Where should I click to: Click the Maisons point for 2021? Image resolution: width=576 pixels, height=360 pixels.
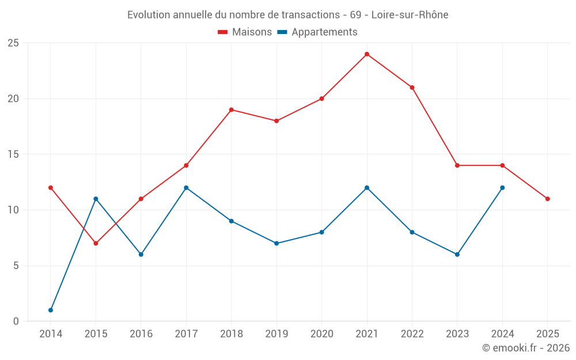(x=367, y=54)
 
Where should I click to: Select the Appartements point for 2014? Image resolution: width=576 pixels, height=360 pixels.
(x=51, y=310)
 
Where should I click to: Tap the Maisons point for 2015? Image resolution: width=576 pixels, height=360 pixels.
(x=96, y=243)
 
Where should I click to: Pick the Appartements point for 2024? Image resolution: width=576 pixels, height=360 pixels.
(x=502, y=188)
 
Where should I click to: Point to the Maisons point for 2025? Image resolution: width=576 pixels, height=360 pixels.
(x=548, y=199)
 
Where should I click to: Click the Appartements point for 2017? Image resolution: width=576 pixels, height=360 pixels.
(x=186, y=188)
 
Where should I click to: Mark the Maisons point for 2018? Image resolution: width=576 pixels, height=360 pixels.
(x=231, y=109)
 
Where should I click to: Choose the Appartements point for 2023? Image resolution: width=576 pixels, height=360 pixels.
(x=457, y=254)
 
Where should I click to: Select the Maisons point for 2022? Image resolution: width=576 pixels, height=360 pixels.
(x=412, y=88)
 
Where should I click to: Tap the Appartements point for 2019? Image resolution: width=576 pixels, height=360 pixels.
(x=276, y=243)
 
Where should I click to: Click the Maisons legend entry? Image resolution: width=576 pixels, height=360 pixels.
(x=245, y=32)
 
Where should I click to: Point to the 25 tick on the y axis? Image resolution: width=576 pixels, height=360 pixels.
(x=13, y=43)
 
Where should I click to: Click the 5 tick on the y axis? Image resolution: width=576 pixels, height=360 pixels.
(x=16, y=266)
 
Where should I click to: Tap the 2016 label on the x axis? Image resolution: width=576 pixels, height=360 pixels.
(x=141, y=334)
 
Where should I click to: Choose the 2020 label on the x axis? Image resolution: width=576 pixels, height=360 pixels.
(x=321, y=334)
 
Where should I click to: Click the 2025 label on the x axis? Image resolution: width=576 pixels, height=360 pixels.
(x=548, y=334)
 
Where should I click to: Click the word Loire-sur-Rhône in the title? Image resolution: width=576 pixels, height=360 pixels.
(x=410, y=14)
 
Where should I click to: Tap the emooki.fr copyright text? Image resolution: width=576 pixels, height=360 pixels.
(x=526, y=348)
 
